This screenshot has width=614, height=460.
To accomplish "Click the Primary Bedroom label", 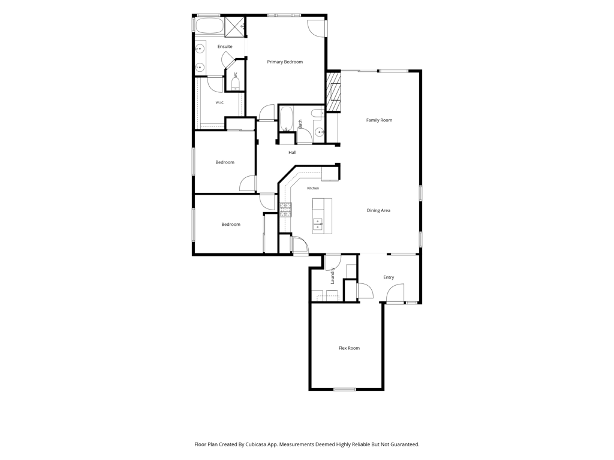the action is click(x=285, y=62).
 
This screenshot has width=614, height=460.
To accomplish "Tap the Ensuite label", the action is click(x=225, y=47).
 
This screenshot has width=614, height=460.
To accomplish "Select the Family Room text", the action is click(x=379, y=120).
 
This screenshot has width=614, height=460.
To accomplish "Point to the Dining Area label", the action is click(x=378, y=210).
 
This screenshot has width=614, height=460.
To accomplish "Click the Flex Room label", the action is click(x=349, y=348).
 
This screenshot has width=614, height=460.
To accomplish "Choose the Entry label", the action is click(x=389, y=277).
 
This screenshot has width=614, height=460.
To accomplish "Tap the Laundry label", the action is click(x=332, y=276).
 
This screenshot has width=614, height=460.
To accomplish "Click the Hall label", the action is click(x=292, y=153).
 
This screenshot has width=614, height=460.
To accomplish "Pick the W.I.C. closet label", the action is click(x=219, y=103).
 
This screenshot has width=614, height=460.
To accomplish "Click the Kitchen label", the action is click(x=313, y=188).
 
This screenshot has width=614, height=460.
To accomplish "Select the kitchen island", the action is click(x=322, y=216).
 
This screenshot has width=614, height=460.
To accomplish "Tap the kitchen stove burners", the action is click(x=285, y=210).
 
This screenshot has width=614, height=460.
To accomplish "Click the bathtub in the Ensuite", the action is click(x=209, y=25).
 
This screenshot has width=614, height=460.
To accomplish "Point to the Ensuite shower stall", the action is click(x=235, y=26).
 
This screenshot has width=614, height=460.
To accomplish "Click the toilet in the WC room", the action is click(x=235, y=83).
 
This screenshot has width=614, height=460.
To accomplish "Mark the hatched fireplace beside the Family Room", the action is click(x=333, y=92).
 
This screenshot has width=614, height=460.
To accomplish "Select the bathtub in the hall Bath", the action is click(x=286, y=119).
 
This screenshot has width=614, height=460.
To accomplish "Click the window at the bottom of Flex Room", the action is click(x=345, y=389).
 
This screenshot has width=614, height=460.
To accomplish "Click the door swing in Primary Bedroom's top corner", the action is click(x=315, y=28).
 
